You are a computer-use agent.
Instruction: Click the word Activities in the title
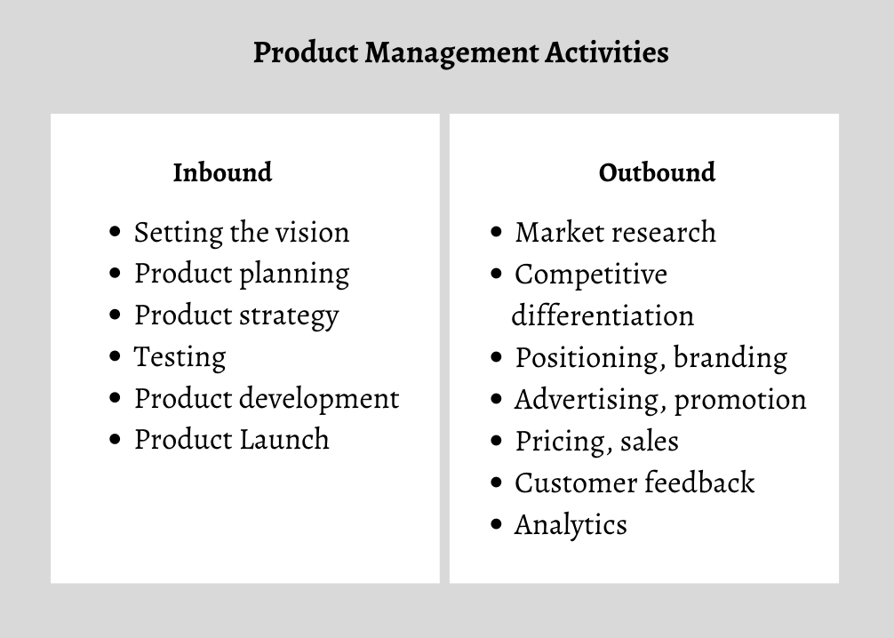click(x=607, y=52)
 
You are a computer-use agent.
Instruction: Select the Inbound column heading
click(x=222, y=172)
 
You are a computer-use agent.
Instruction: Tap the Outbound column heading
click(x=657, y=172)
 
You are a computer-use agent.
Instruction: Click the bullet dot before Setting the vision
click(x=115, y=232)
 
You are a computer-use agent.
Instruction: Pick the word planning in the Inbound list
click(x=294, y=275)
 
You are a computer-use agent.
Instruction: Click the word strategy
click(x=289, y=315)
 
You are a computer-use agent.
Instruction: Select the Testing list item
click(x=180, y=357)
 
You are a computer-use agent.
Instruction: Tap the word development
click(x=319, y=399)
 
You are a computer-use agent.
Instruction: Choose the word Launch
click(x=284, y=440)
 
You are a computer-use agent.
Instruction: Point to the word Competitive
click(x=591, y=275)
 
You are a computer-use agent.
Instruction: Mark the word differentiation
click(x=603, y=315)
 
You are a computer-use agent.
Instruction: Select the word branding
click(x=730, y=358)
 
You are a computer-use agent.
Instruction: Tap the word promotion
click(x=740, y=400)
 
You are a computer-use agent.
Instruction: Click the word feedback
click(x=699, y=482)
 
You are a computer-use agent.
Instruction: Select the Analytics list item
click(x=571, y=525)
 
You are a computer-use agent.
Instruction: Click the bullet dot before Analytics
click(x=496, y=524)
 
